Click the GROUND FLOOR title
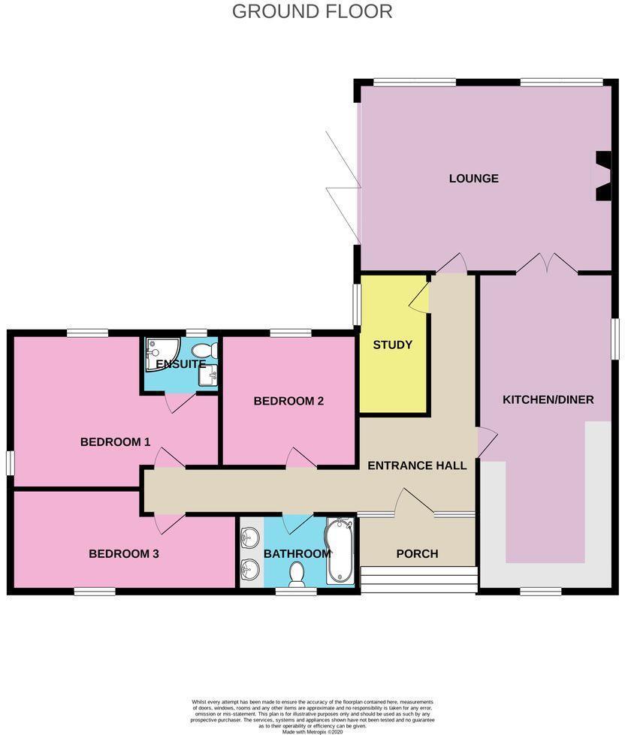(312, 11)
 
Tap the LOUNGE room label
(473, 179)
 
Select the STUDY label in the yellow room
(393, 345)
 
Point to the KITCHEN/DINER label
(548, 399)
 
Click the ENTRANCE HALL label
(417, 465)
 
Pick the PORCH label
(417, 554)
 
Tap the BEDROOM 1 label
(116, 442)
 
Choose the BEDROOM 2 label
(288, 401)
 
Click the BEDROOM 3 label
(124, 554)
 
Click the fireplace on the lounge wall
(603, 177)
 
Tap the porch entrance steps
(418, 579)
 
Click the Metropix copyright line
(312, 731)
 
